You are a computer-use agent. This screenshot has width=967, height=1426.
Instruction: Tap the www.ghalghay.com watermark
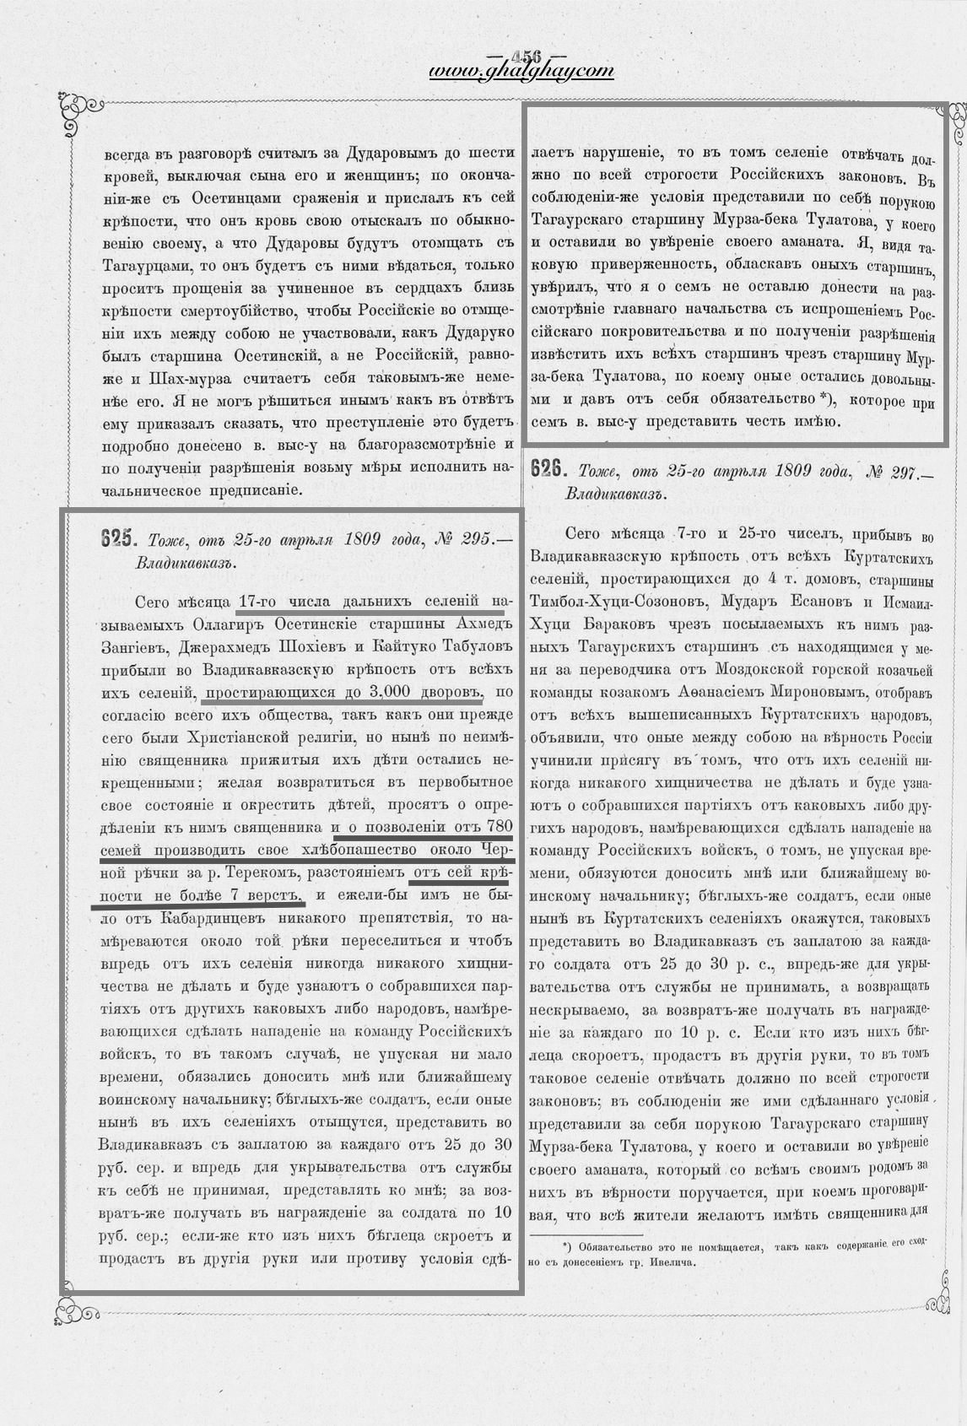tap(521, 73)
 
